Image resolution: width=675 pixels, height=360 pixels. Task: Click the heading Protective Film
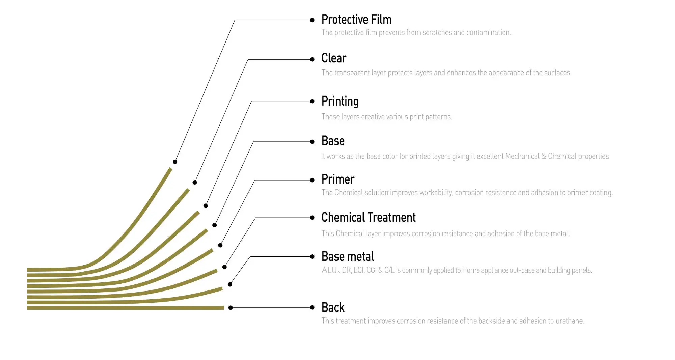[x=356, y=20]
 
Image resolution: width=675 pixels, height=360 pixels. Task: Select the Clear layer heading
[x=334, y=58]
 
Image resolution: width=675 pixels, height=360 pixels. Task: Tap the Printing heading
[x=340, y=102]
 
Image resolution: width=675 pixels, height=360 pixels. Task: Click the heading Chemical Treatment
[x=369, y=217]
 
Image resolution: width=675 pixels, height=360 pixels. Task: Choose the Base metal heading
[x=348, y=256]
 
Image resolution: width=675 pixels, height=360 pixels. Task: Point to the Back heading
[x=333, y=307]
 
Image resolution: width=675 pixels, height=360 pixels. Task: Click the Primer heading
[x=338, y=179]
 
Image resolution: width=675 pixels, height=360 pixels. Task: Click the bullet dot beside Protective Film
[x=312, y=20]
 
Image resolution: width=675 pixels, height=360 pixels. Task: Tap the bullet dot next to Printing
[x=312, y=101]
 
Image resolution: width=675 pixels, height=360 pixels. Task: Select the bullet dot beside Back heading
[x=312, y=307]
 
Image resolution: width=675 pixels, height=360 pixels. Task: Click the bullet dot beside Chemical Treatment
[x=312, y=218]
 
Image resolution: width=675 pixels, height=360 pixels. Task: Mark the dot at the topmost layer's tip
[x=175, y=162]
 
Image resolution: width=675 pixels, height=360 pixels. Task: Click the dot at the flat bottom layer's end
[x=231, y=308]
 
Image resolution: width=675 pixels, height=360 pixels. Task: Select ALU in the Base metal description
[x=329, y=270]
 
